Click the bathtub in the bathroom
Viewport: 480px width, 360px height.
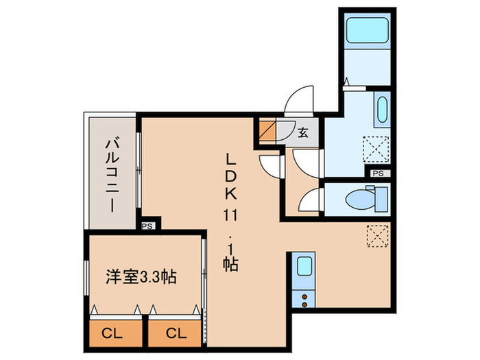click(x=366, y=32)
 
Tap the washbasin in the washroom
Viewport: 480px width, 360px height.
click(x=382, y=110)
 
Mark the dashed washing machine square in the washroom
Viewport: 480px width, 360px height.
click(x=376, y=149)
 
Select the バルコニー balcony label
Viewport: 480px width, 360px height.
click(x=110, y=171)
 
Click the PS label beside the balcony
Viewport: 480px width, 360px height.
click(x=147, y=225)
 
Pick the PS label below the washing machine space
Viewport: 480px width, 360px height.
click(x=378, y=173)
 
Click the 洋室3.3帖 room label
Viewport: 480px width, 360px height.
click(x=140, y=277)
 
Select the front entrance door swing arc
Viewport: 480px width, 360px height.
click(x=298, y=100)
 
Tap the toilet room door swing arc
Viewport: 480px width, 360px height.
click(x=309, y=199)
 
